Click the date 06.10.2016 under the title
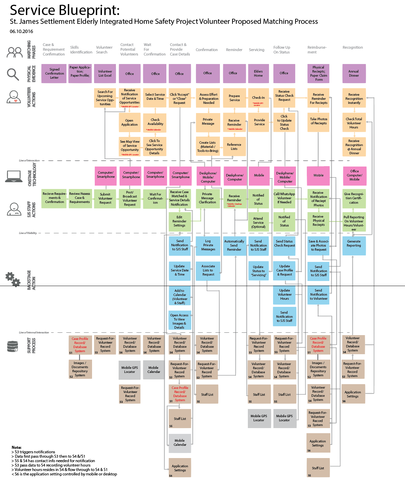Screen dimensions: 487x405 tap(21, 31)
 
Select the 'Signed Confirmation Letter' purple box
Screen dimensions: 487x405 tap(55, 74)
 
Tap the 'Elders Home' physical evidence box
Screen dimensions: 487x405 tap(258, 74)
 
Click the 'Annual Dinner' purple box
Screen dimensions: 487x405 tap(354, 74)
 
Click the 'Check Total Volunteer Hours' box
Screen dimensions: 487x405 tap(354, 123)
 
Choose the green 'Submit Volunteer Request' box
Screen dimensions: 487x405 tap(105, 199)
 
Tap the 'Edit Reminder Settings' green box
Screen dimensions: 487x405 tap(180, 221)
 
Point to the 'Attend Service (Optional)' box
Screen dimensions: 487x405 tap(258, 222)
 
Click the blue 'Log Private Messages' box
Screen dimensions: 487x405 tap(208, 245)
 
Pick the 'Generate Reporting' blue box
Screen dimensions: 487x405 tap(354, 245)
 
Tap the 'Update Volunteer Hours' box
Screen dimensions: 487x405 tap(284, 295)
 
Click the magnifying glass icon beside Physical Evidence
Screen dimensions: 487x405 tap(13, 74)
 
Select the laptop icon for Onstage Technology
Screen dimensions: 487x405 tap(14, 176)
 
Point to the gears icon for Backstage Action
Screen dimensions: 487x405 tap(13, 279)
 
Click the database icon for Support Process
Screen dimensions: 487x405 tap(13, 346)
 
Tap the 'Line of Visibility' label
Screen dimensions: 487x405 tap(28, 233)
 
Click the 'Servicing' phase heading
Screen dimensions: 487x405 tap(257, 50)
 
